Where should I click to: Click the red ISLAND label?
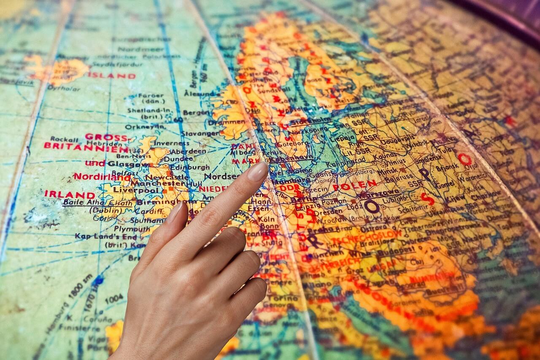pos(111,76)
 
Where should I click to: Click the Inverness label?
pos(171,143)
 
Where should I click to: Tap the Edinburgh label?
pos(189,167)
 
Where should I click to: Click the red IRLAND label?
pos(70,195)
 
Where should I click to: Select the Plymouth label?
pos(120,228)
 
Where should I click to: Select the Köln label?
pos(266,219)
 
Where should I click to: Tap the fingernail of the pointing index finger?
pos(258,171)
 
